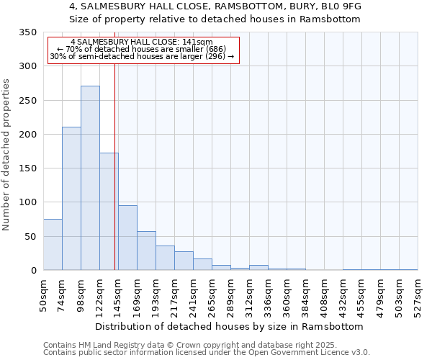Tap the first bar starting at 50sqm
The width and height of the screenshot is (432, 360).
[53, 245]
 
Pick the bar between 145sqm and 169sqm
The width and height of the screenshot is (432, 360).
[127, 238]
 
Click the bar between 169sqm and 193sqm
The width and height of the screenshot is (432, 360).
[146, 251]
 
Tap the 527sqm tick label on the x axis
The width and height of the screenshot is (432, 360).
[418, 294]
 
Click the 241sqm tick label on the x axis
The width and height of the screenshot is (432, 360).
[193, 294]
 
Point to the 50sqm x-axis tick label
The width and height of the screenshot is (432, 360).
[43, 294]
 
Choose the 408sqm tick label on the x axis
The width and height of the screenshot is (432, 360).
[324, 294]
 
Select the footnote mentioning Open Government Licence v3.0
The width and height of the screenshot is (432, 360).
[206, 353]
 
